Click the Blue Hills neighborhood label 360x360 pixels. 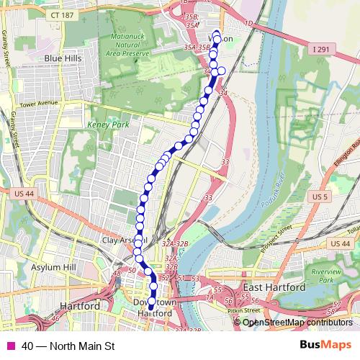63,58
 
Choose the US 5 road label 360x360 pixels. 320,197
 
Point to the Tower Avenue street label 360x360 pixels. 38,102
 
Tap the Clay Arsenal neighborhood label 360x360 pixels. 124,239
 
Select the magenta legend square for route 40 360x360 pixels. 10,346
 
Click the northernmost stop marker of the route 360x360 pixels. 217,34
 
